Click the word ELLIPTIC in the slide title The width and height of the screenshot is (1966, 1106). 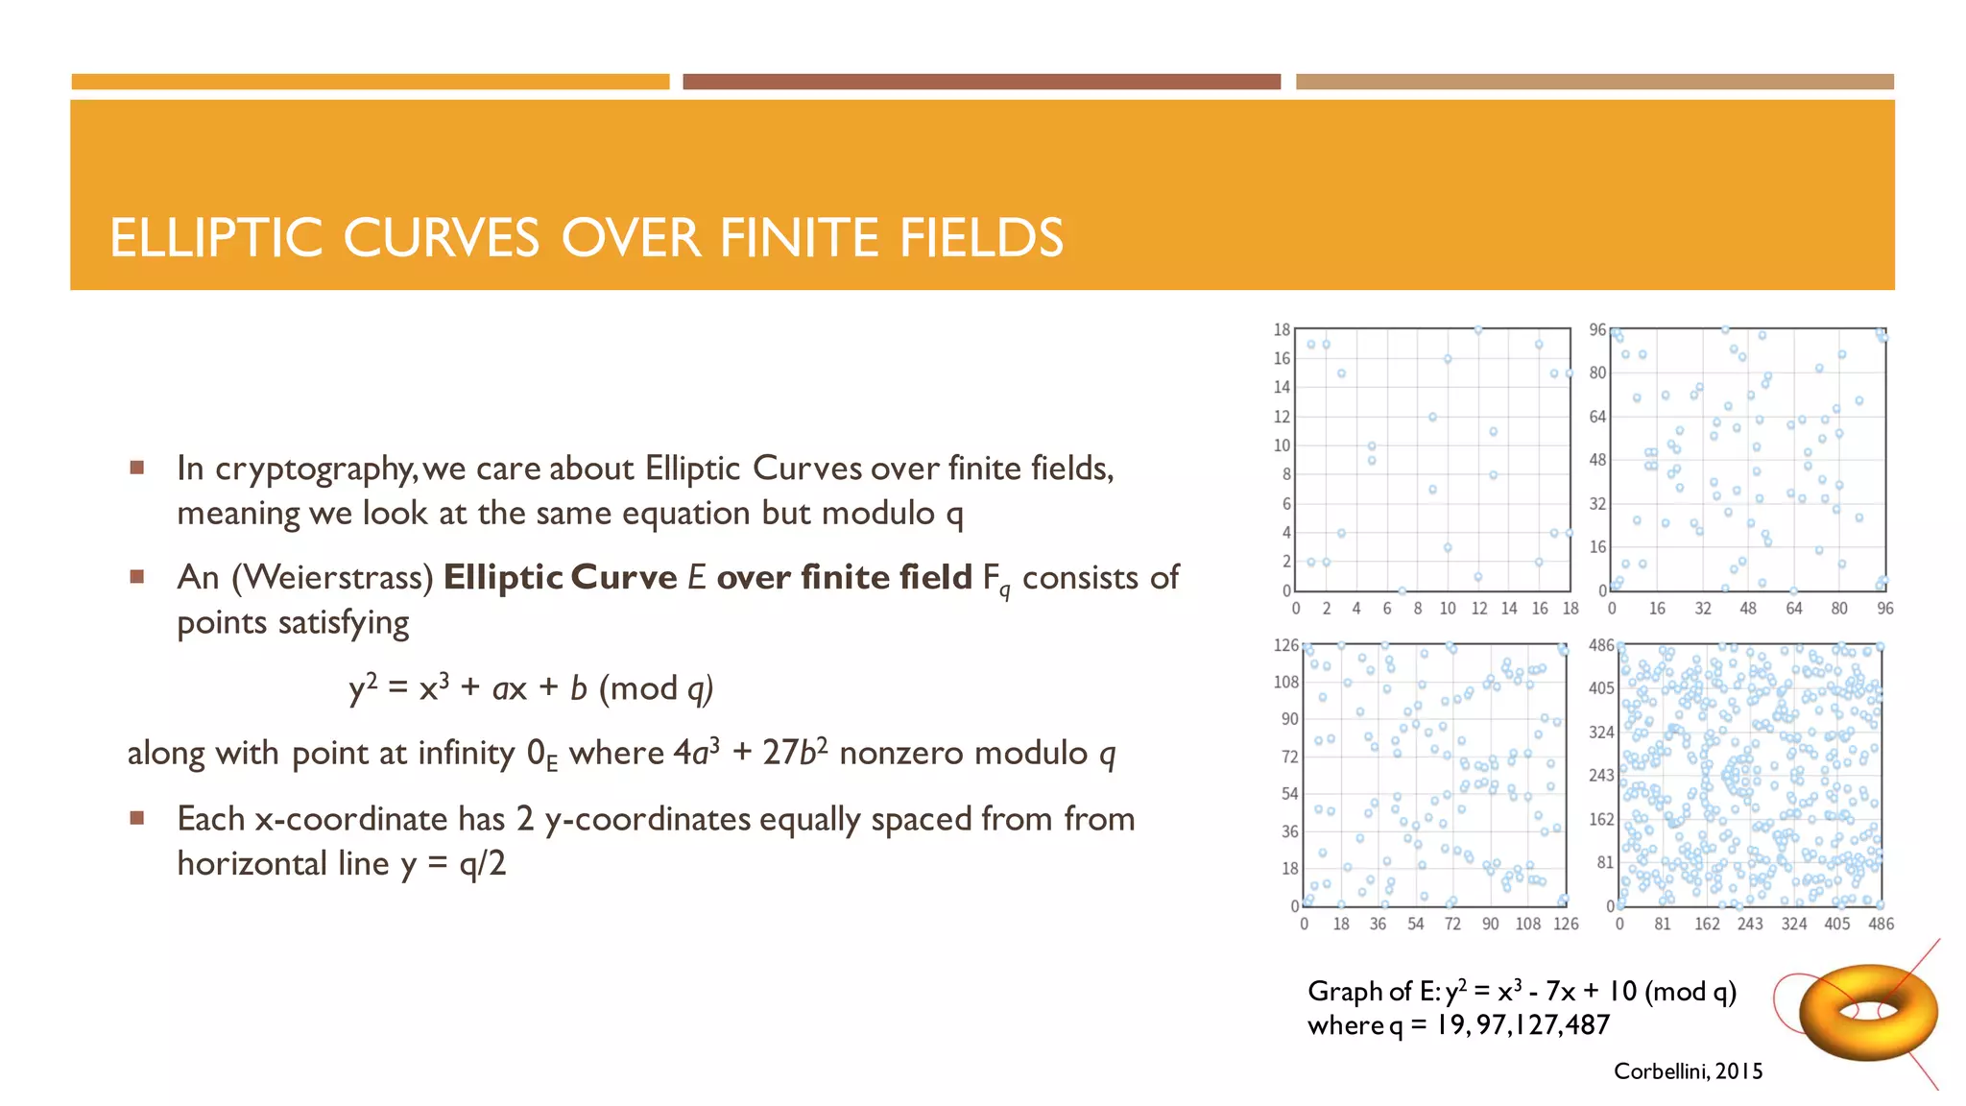(x=216, y=238)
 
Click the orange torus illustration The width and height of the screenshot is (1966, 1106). (x=1867, y=1013)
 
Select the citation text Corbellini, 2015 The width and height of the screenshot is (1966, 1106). (x=1688, y=1071)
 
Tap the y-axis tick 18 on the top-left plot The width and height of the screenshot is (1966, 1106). (x=1282, y=330)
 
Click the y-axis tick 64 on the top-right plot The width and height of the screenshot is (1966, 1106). (x=1597, y=417)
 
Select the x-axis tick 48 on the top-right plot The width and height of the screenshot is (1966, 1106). (x=1748, y=609)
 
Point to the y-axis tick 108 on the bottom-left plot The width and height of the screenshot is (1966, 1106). (x=1285, y=683)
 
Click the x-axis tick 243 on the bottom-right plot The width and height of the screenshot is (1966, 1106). (x=1750, y=924)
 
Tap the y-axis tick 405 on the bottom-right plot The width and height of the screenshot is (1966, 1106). (x=1601, y=688)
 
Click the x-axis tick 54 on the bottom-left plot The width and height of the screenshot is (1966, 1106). (x=1415, y=924)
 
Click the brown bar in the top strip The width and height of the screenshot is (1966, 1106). (x=981, y=82)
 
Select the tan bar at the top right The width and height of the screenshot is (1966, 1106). (x=1594, y=82)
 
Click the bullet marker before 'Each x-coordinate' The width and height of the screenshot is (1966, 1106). (x=137, y=818)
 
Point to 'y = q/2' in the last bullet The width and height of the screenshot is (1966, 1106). (x=453, y=864)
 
